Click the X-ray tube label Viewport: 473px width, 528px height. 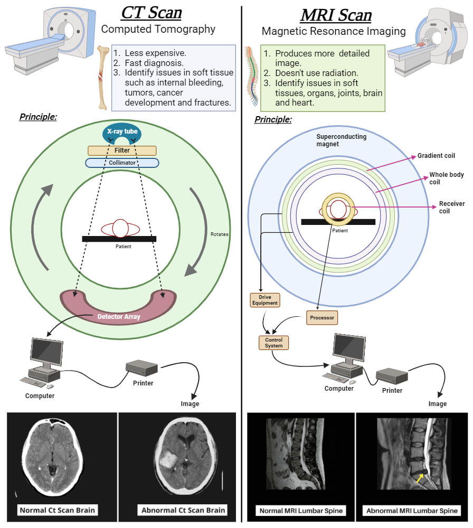pos(122,131)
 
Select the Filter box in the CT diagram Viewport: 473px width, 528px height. pos(122,150)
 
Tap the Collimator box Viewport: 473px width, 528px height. pos(122,163)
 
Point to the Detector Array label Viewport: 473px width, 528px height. pos(118,317)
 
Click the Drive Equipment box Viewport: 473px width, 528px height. pos(264,300)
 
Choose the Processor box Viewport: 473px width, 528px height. pos(321,318)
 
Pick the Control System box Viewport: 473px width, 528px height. pos(274,343)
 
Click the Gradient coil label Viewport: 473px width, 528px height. pos(436,156)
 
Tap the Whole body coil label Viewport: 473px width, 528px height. pos(447,178)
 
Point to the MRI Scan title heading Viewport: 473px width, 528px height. pos(336,14)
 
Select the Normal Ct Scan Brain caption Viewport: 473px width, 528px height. pos(58,510)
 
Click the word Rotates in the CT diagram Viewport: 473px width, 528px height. pos(220,234)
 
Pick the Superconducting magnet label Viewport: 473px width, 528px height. pos(341,140)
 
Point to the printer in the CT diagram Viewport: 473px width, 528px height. pos(142,367)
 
